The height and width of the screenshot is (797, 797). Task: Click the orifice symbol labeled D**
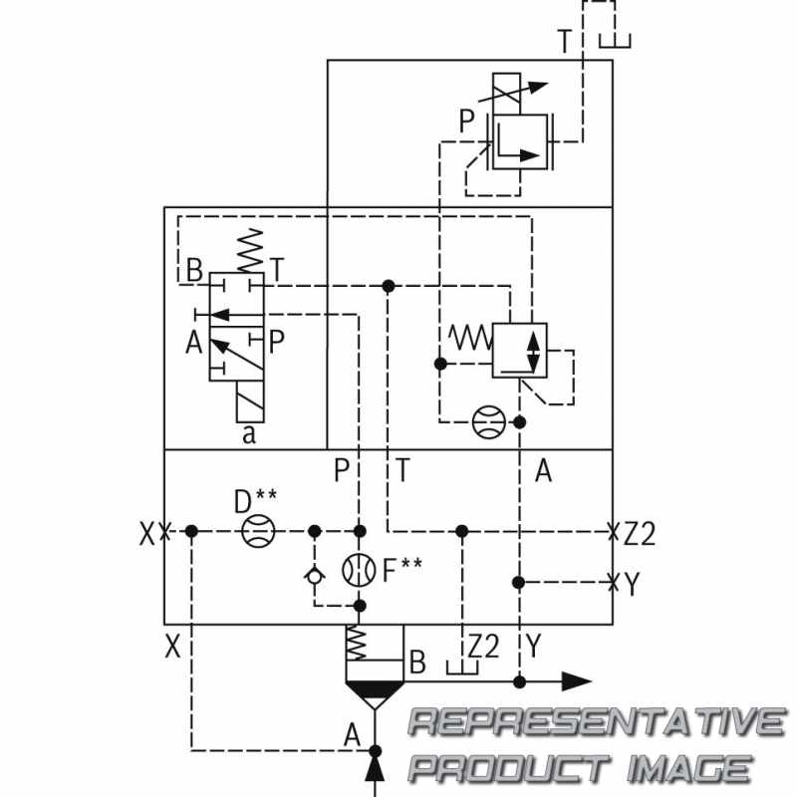point(258,531)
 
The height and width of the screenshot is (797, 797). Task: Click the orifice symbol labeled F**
point(359,570)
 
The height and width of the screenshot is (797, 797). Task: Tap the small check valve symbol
point(315,576)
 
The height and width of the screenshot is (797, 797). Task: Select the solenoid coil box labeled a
point(250,401)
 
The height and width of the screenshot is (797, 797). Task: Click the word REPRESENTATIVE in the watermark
point(598,721)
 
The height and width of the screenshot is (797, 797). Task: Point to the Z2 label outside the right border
point(640,534)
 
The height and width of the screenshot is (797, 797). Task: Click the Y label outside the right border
point(632,584)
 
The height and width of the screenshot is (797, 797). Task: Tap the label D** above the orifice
point(255,501)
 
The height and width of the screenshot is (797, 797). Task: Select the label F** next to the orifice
point(401,570)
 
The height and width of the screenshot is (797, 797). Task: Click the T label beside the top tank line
point(565,41)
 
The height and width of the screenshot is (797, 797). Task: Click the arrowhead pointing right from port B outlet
point(577,681)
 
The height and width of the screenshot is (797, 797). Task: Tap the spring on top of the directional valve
point(251,251)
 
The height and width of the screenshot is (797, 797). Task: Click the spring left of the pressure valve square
point(470,338)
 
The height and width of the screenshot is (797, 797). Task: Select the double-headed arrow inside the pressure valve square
point(533,352)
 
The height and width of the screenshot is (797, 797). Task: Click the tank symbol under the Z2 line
point(462,666)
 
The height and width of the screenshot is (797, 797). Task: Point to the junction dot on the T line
point(389,286)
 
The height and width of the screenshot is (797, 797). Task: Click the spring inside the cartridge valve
point(356,643)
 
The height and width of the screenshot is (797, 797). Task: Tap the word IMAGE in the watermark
point(688,768)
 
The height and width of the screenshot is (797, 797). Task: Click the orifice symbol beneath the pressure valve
point(489,421)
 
